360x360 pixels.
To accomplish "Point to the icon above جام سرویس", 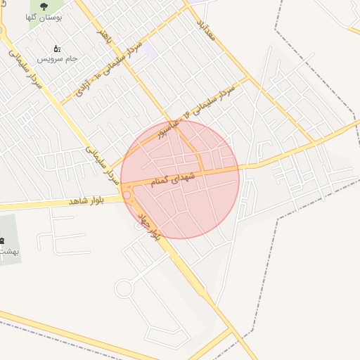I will pos(57,49).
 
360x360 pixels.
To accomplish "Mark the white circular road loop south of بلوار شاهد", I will pos(124,288).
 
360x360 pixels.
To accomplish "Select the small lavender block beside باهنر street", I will pos(148,51).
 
